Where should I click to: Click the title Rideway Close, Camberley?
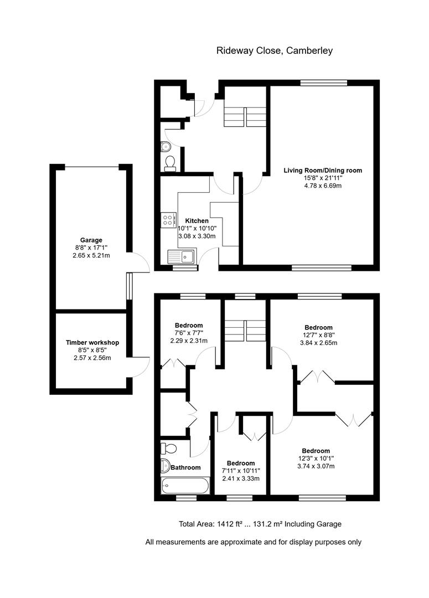click(x=274, y=51)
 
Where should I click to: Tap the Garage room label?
click(x=91, y=240)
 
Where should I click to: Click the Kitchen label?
click(x=197, y=221)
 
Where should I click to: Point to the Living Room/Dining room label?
click(x=323, y=171)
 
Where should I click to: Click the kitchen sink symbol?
click(x=181, y=256)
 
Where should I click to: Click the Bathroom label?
click(x=185, y=468)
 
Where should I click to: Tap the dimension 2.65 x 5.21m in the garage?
click(x=91, y=256)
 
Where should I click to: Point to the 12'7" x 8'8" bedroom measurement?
click(x=318, y=335)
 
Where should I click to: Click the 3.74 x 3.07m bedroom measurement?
click(x=316, y=466)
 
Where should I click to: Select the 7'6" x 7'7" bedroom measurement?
click(x=189, y=333)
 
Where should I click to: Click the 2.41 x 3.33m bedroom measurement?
click(x=241, y=478)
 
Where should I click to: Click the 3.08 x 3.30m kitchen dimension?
click(x=197, y=236)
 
